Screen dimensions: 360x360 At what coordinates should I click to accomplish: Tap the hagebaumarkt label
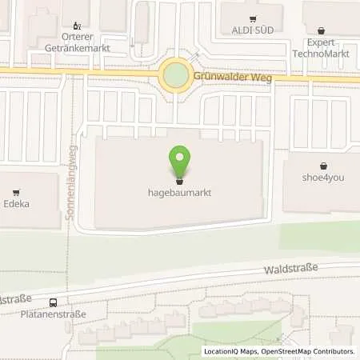coord(179,192)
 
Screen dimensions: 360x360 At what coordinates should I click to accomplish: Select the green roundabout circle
coord(174,77)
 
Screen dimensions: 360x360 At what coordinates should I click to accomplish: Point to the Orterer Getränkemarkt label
coord(77,42)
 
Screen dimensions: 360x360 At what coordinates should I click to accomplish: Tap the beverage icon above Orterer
coord(77,26)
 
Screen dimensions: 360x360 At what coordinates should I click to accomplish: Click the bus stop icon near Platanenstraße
coord(53,302)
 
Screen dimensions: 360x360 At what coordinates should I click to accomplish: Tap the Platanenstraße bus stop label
coord(54,313)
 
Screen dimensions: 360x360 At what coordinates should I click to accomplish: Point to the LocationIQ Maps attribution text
coord(229,351)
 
